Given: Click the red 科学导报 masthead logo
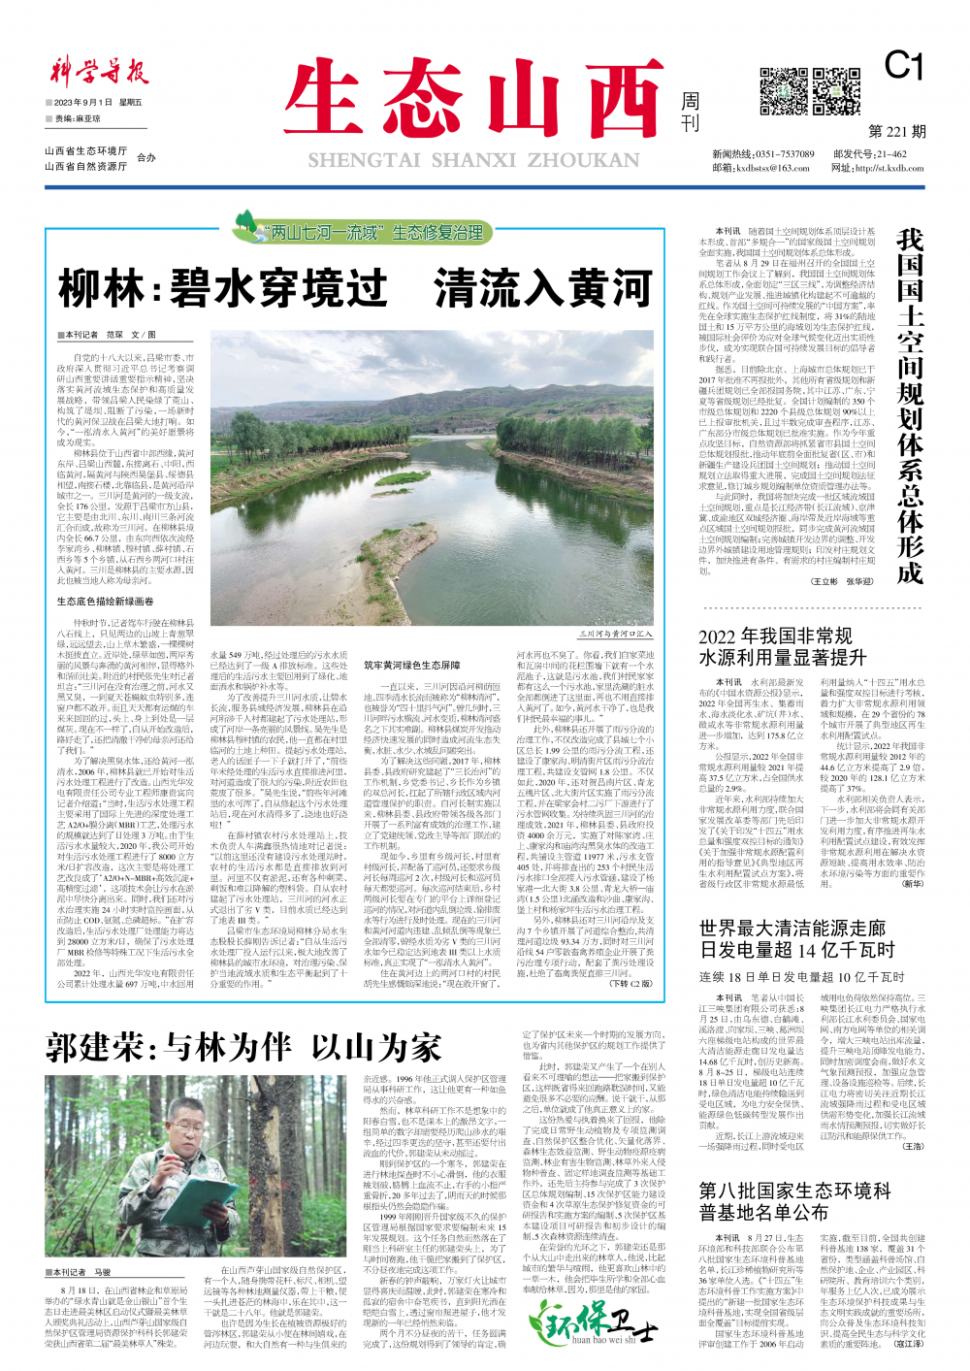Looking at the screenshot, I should coord(99,72).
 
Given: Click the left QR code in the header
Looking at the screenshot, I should coord(783,92).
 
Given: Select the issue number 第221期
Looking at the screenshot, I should coord(896,131).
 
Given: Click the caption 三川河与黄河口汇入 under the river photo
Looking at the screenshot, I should coord(616,634).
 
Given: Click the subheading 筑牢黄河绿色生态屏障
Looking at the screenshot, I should coord(411,666).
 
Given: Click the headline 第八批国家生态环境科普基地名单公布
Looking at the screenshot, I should coord(794,1200).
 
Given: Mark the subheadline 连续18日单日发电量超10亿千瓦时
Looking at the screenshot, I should coord(801,976).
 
